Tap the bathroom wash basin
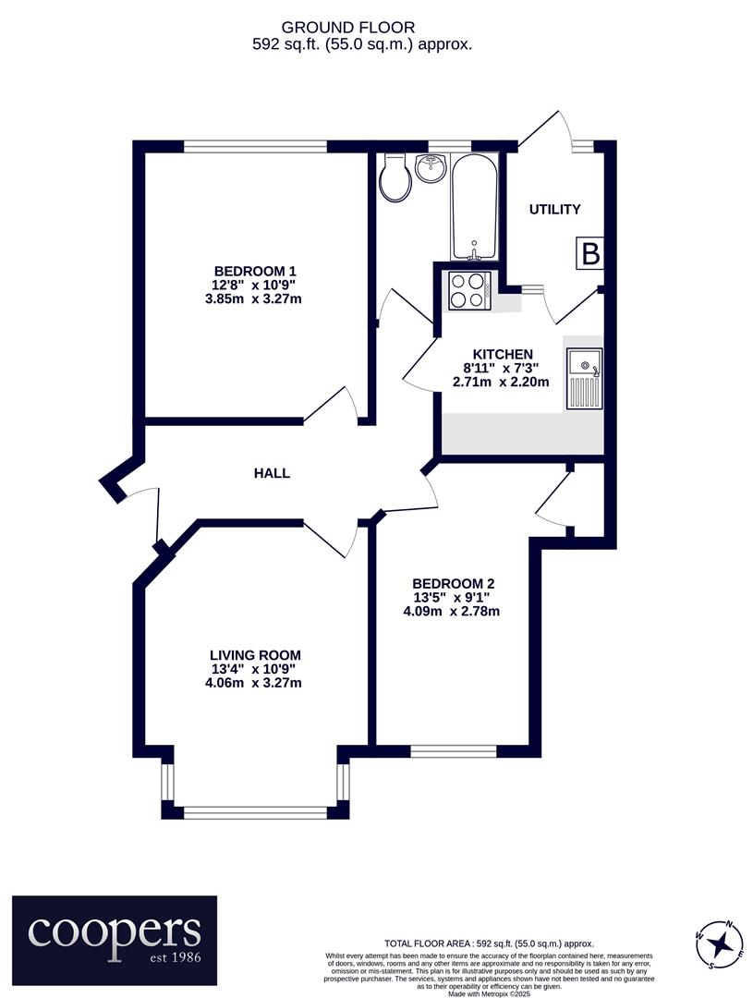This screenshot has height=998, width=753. point(431,167)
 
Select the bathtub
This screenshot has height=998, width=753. point(474,207)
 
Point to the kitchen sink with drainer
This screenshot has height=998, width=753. point(584,378)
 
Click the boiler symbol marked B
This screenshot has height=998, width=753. point(590,254)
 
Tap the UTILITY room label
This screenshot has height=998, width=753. point(555,210)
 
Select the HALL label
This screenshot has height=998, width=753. point(272,473)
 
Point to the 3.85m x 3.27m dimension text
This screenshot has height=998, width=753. point(253,298)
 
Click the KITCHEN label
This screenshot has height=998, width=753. point(503,355)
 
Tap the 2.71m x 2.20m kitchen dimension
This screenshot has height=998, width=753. point(500,383)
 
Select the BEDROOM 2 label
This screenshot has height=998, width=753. point(454,584)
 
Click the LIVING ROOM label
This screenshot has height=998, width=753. point(255,655)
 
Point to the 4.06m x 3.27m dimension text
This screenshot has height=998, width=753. point(253,683)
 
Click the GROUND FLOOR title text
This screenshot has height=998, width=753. point(348,28)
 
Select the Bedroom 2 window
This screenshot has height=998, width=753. point(454,751)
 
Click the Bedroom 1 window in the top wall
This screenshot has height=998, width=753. point(255,146)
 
